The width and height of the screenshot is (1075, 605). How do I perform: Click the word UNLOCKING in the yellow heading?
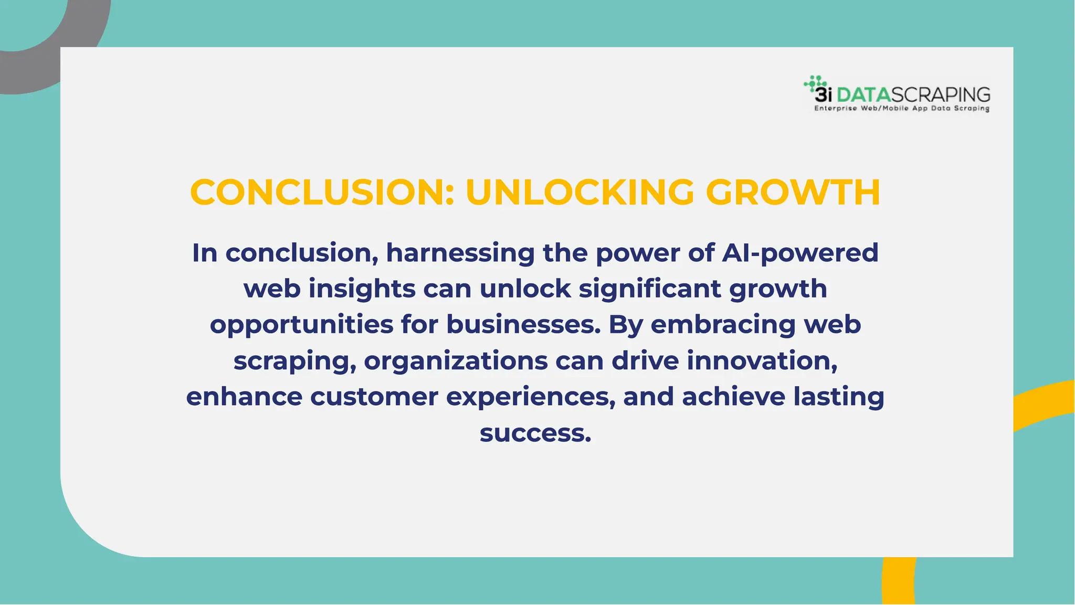click(579, 192)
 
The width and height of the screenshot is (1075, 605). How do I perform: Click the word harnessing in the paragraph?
click(460, 253)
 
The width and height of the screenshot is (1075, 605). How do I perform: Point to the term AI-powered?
click(800, 253)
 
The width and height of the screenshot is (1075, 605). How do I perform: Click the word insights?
click(362, 289)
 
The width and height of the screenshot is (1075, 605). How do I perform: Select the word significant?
click(650, 289)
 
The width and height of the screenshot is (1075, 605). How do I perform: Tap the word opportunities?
click(301, 324)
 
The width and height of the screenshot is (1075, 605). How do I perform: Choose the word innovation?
click(762, 361)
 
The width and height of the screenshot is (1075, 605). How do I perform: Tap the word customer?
click(374, 397)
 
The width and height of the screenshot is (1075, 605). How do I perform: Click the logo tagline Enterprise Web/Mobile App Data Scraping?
click(901, 109)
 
